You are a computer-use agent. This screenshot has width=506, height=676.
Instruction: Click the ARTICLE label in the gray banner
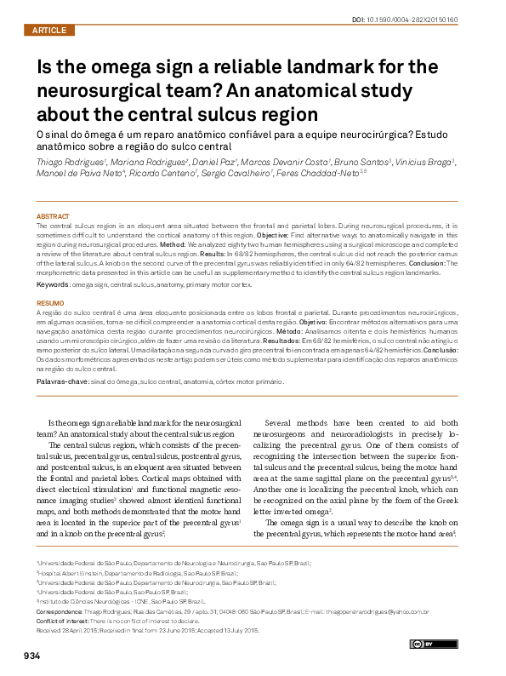48,30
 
